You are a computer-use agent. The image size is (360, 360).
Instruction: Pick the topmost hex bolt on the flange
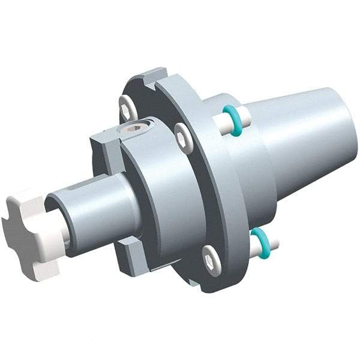point(126,107)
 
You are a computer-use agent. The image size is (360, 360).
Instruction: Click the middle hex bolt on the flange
point(182,138)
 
